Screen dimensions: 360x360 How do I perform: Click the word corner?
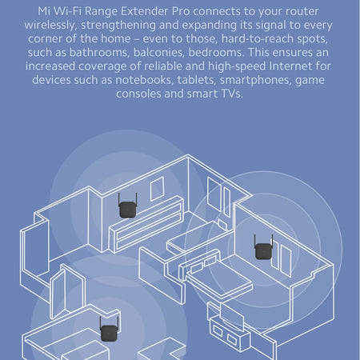(43, 39)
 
